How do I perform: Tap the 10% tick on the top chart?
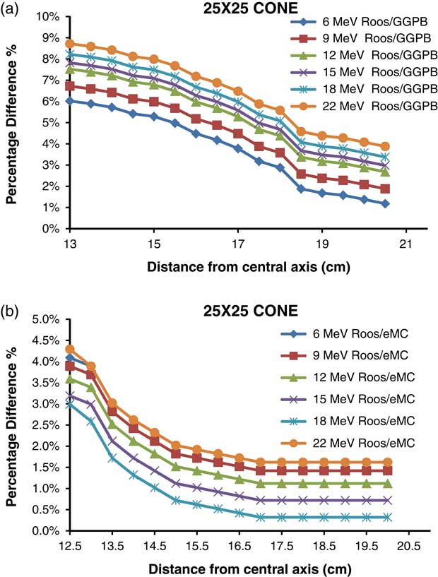49,16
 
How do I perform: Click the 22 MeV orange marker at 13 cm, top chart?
70,43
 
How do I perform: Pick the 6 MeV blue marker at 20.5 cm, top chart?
384,203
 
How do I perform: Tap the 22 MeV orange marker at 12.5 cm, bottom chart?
70,349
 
